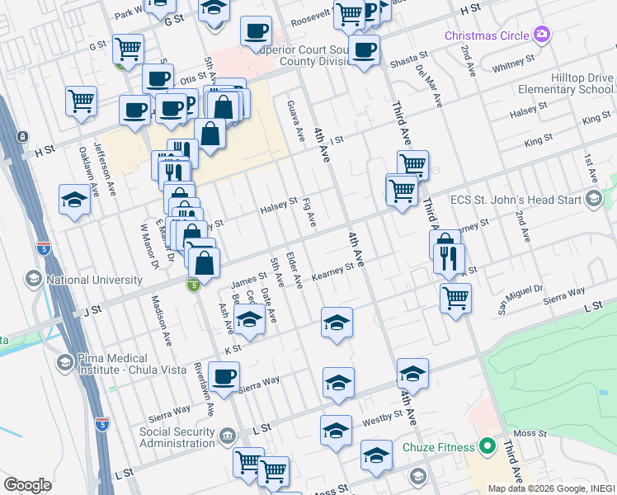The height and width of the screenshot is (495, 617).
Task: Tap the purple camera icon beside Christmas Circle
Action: pyautogui.click(x=542, y=35)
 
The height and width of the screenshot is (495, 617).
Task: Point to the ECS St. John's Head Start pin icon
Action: pyautogui.click(x=593, y=198)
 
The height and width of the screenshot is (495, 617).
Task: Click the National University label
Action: pyautogui.click(x=95, y=280)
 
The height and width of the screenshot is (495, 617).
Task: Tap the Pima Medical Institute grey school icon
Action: pyautogui.click(x=64, y=362)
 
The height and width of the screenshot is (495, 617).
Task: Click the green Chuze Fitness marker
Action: pyautogui.click(x=487, y=447)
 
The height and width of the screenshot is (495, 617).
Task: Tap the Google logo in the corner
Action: pyautogui.click(x=27, y=485)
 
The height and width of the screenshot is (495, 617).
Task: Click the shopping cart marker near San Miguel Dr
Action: pyautogui.click(x=455, y=298)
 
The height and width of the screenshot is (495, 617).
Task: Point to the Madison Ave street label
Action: pyautogui.click(x=160, y=321)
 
